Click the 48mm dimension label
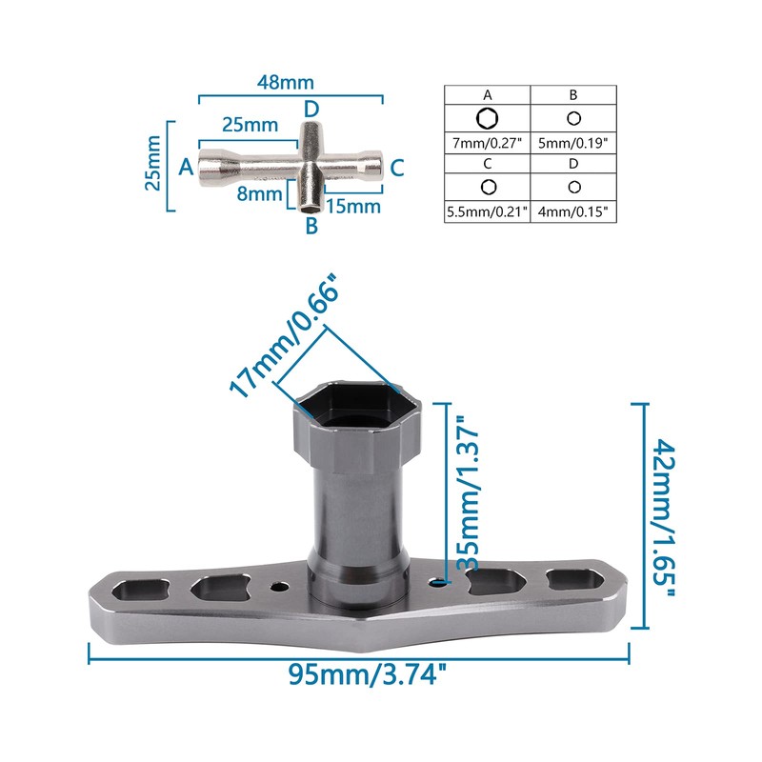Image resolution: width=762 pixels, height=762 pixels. [x=290, y=82]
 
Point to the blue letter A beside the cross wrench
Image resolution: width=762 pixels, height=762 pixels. [x=186, y=167]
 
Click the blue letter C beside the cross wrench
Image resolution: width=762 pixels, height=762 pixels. [x=397, y=168]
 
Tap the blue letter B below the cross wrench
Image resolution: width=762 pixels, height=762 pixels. [x=311, y=226]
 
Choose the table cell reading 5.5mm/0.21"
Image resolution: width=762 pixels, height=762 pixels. [x=488, y=212]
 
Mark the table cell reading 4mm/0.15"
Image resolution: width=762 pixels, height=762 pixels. [x=573, y=212]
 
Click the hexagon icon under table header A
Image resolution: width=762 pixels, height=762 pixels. [x=488, y=118]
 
